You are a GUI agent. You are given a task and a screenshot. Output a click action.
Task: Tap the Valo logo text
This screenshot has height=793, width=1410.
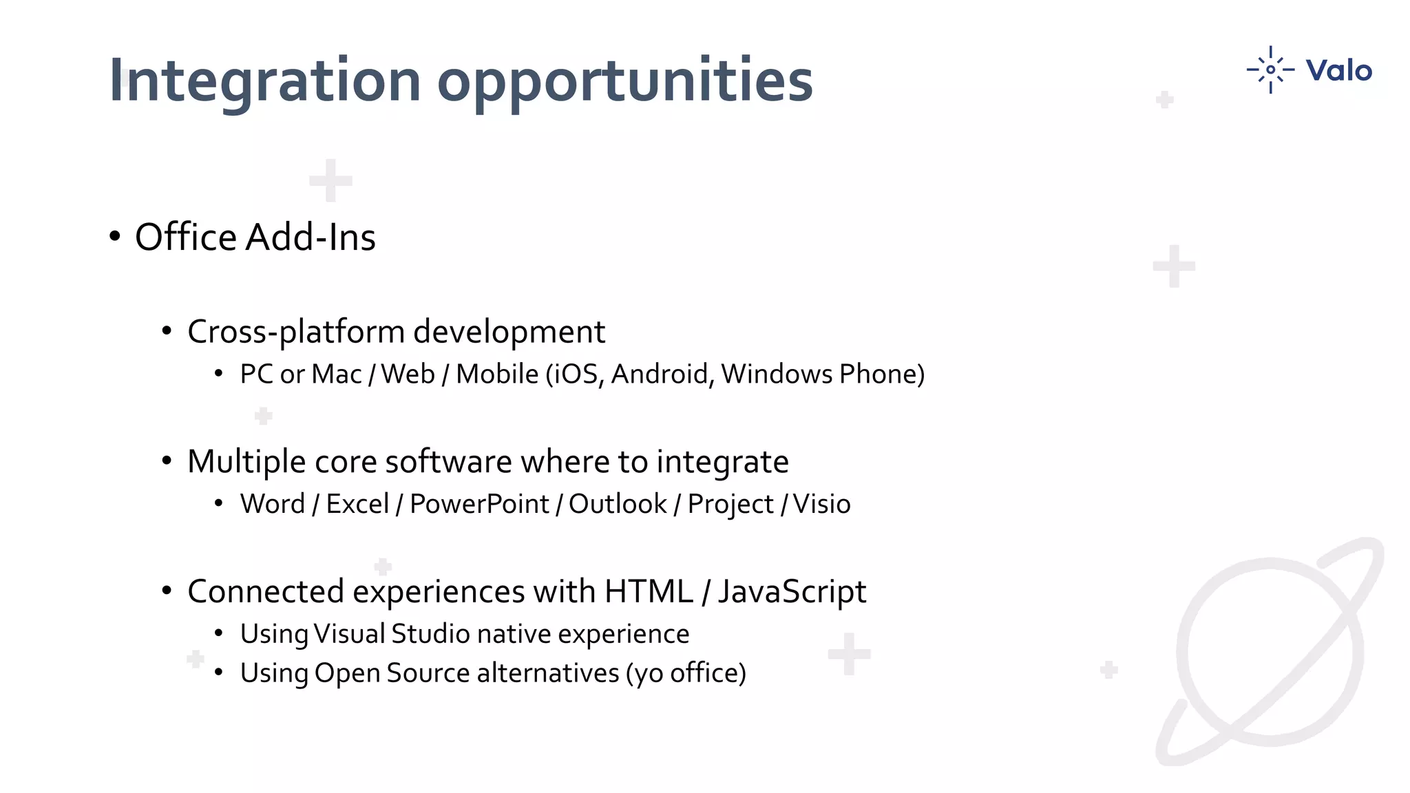click(x=1338, y=70)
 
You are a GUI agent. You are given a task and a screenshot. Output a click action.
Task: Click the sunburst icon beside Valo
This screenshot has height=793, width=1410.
click(x=1270, y=70)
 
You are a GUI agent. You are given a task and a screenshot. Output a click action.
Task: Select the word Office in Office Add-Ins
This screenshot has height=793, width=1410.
click(x=186, y=237)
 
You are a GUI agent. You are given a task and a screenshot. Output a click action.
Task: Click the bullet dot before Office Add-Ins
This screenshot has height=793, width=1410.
click(x=115, y=237)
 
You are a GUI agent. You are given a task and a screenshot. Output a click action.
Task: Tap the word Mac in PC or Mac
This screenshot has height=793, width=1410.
click(x=336, y=374)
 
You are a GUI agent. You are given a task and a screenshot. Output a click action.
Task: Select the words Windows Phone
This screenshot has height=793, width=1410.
click(x=822, y=374)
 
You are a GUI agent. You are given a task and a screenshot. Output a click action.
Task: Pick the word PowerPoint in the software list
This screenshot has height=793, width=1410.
click(x=479, y=505)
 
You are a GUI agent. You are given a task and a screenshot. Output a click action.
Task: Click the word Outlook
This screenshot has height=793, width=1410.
click(x=618, y=505)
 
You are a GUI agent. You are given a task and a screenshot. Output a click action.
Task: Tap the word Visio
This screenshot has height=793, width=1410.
click(x=821, y=505)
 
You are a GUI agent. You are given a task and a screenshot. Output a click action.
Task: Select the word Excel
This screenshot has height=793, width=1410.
click(x=357, y=505)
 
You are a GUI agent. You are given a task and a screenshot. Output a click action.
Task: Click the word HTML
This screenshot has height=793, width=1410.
click(x=649, y=592)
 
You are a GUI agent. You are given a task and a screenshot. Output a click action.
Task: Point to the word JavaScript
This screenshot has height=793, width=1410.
click(x=792, y=592)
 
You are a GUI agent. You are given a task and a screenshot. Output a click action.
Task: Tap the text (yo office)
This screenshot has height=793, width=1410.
click(x=686, y=673)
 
